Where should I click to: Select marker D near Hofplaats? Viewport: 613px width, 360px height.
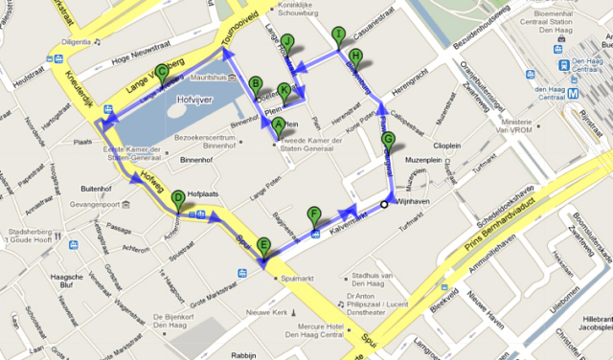pyautogui.click(x=178, y=199)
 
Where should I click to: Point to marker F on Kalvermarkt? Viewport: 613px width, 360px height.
pyautogui.click(x=313, y=214)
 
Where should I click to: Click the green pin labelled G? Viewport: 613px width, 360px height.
pyautogui.click(x=387, y=140)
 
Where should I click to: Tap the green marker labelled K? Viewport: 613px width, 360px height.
pyautogui.click(x=284, y=92)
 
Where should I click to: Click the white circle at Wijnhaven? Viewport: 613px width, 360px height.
pyautogui.click(x=384, y=203)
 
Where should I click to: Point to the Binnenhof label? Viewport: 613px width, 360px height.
pyautogui.click(x=193, y=161)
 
